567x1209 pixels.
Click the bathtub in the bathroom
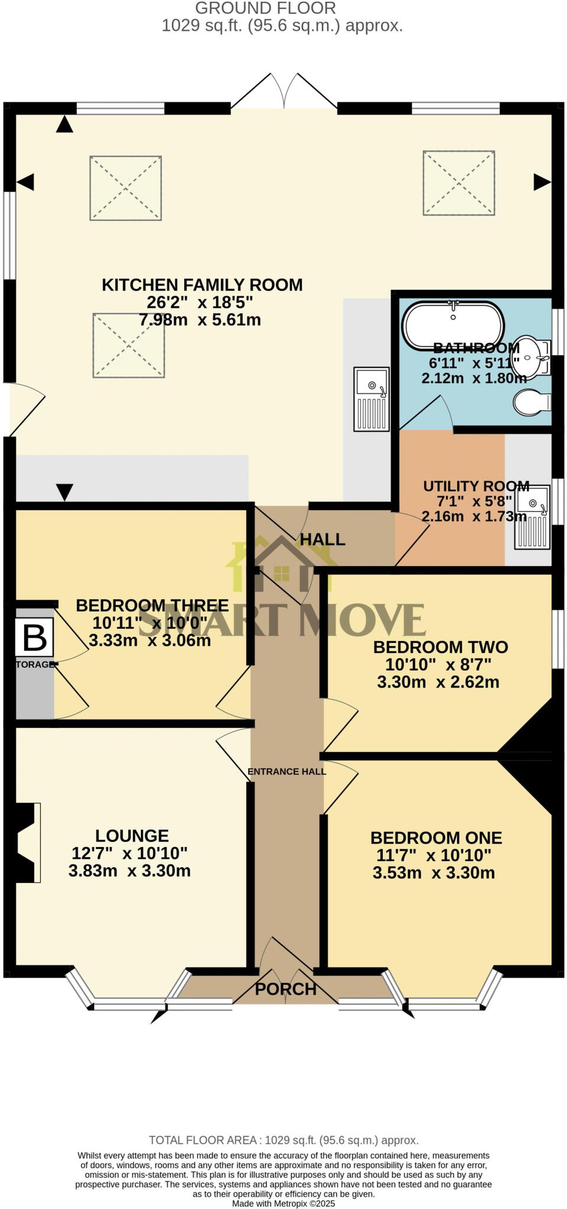point(453,325)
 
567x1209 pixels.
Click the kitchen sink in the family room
point(372,398)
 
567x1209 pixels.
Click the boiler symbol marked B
point(35,638)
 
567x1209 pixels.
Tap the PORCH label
point(285,988)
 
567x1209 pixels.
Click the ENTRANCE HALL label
point(286,771)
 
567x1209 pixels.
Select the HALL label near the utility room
point(322,539)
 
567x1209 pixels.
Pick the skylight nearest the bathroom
point(458,182)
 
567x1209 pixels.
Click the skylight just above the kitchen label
point(126,188)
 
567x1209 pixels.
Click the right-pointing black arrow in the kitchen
point(542,182)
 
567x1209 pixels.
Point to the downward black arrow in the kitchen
point(64,491)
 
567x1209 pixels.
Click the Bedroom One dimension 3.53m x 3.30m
point(434,873)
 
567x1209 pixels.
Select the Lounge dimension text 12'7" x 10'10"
point(129,853)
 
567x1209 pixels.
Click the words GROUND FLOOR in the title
point(265,8)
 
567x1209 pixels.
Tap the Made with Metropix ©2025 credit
point(283,1203)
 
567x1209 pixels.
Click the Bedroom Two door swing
point(340,723)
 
